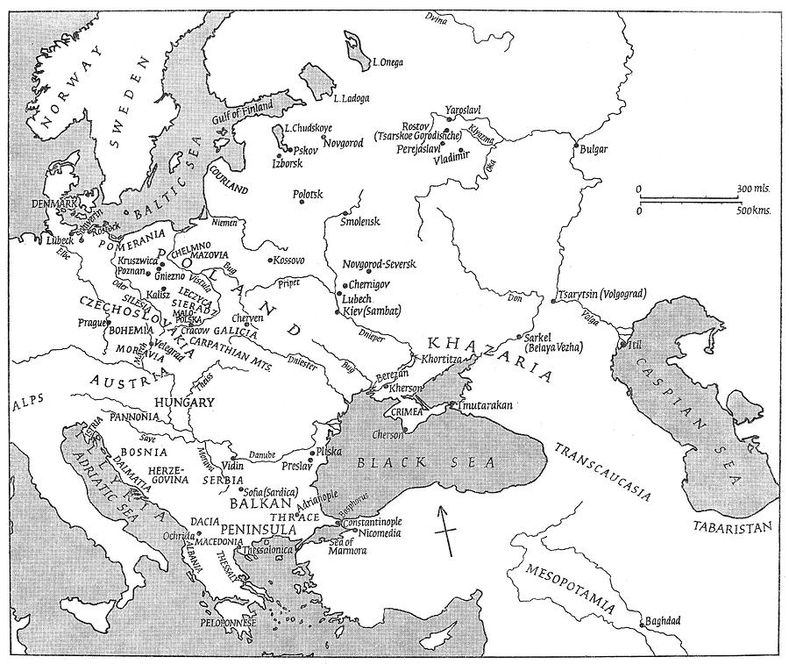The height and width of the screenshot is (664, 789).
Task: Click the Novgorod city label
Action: coord(343,143)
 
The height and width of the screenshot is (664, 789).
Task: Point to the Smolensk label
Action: coord(360,221)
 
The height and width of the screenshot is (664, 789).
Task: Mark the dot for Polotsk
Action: coord(302,202)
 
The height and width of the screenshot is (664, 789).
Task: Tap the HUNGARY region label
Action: coord(186,403)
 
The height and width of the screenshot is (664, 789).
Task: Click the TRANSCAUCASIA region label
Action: coord(602,470)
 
